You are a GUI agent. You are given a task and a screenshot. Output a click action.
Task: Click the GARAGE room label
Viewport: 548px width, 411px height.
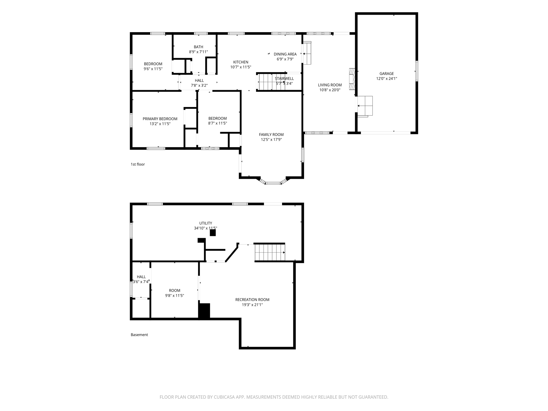[x=386, y=74]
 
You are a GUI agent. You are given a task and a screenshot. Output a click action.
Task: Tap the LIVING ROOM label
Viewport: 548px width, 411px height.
[x=330, y=85]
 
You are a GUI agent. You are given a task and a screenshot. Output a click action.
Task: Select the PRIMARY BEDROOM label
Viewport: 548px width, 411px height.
[x=160, y=119]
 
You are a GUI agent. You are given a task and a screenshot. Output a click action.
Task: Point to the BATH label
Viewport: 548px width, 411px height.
[x=199, y=47]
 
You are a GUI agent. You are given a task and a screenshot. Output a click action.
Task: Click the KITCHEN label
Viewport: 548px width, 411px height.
[x=241, y=62]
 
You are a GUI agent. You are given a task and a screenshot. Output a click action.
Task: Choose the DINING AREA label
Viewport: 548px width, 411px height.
[x=285, y=54]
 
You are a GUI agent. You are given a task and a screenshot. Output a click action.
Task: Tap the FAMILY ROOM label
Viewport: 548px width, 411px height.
[x=271, y=135]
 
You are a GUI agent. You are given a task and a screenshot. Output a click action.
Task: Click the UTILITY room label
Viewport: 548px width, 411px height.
[x=205, y=223]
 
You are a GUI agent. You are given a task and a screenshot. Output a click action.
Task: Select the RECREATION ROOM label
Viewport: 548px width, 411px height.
[x=252, y=300]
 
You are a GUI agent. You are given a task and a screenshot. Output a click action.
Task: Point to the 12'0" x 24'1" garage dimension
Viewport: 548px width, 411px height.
[x=387, y=79]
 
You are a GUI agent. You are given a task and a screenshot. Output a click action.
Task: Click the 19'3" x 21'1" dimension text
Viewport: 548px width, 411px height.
[x=252, y=305]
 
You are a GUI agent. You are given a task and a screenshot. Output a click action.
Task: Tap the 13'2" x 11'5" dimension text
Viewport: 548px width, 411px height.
[x=160, y=124]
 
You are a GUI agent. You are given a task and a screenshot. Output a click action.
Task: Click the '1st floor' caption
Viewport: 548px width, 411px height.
[x=138, y=164]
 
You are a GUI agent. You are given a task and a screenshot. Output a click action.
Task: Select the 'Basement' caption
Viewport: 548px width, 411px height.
[x=139, y=335]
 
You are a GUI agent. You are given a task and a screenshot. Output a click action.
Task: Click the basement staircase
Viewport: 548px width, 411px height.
[x=270, y=252]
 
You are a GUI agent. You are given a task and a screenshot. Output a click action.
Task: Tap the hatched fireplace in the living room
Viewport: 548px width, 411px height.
[x=352, y=79]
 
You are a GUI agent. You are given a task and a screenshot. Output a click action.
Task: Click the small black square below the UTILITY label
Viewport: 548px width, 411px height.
[x=213, y=233]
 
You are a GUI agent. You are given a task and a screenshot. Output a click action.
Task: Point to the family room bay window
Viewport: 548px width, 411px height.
[x=273, y=182]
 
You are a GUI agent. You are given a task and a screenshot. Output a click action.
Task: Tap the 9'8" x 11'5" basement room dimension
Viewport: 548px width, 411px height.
[x=174, y=296]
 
